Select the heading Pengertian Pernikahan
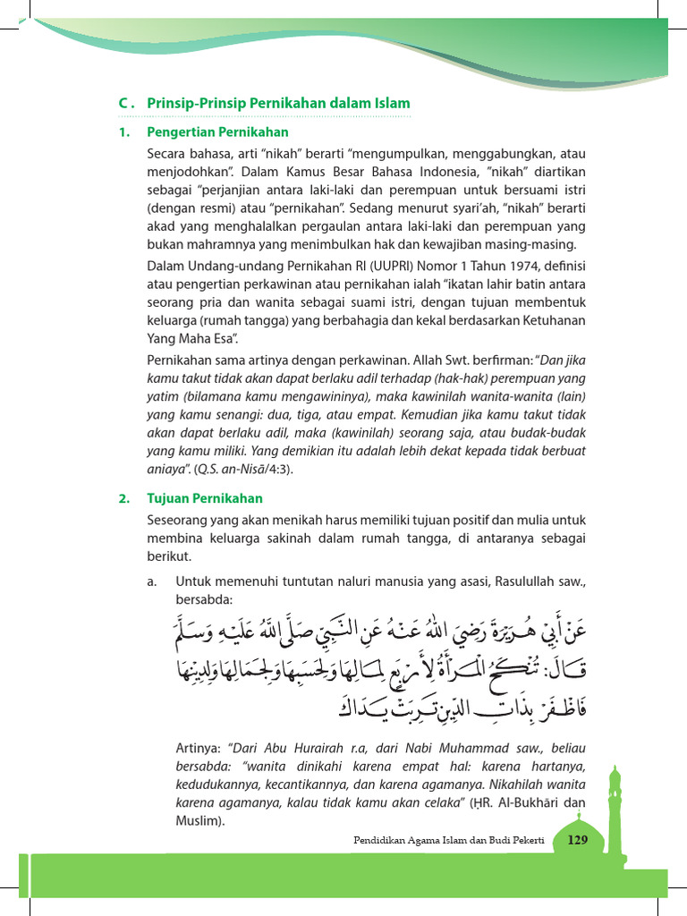tap(218, 132)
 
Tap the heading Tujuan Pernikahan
tap(205, 498)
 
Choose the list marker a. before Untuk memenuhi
tap(153, 581)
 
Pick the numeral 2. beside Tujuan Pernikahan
tap(124, 498)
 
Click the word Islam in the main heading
tap(392, 104)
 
